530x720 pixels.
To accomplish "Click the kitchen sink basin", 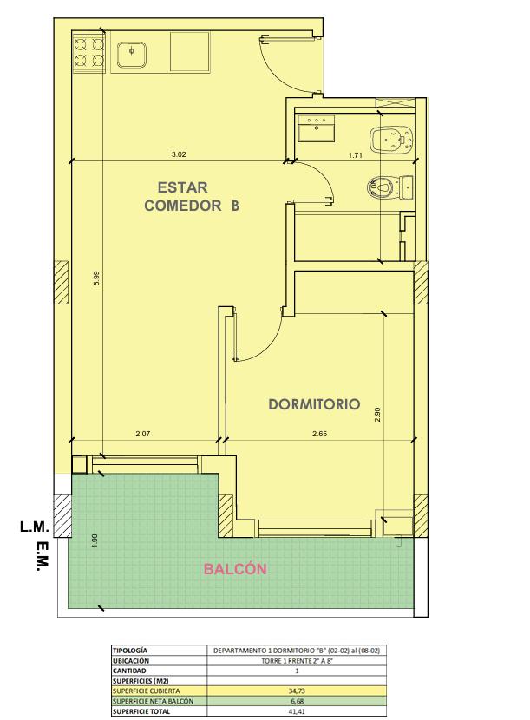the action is coord(132,55).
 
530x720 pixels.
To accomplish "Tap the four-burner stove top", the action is coord(88,52).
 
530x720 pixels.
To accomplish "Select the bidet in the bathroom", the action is coord(392,139).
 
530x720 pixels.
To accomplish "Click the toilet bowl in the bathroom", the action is coord(390,187).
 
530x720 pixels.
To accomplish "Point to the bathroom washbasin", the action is coord(316,128).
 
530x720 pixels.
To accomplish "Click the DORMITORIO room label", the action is coord(314,404).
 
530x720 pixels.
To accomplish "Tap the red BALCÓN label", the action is coord(235,569).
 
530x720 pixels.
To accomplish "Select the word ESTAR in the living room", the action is coord(182,187).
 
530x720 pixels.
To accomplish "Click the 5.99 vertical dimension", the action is coord(96,278).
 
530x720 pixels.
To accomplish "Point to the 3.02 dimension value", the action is coord(179,154).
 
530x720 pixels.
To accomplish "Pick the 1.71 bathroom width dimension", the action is coord(355,155).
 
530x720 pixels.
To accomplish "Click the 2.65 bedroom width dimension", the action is coord(320,434).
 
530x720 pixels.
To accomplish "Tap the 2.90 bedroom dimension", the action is coord(377,415).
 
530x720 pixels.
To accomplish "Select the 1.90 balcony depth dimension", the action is coord(95,540).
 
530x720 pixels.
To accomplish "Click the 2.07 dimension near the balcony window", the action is coord(143,434).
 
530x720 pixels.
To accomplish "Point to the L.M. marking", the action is coord(35,527).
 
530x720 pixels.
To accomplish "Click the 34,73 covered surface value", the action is coord(297,691).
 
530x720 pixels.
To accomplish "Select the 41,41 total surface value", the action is coord(297,711).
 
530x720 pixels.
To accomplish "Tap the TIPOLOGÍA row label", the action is coord(130,651).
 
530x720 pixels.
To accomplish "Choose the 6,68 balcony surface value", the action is coord(297,701).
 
